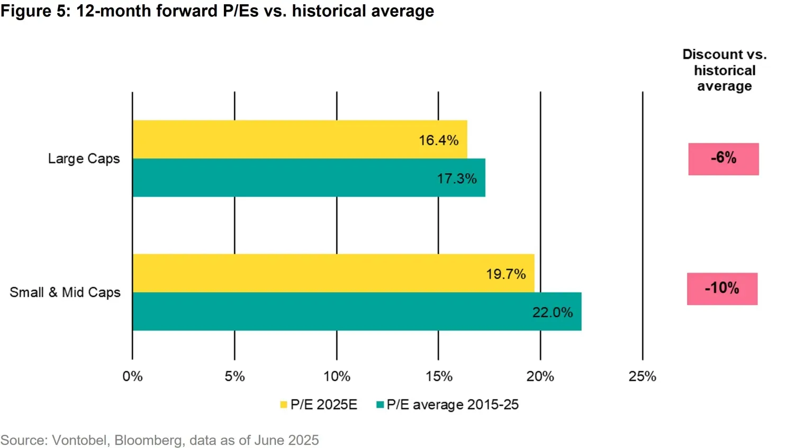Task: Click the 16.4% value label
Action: click(x=438, y=140)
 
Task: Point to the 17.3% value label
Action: click(x=456, y=178)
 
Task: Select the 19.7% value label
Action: click(x=506, y=274)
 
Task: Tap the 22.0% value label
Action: click(x=552, y=312)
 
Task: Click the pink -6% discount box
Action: click(x=723, y=158)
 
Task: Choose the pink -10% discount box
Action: click(x=722, y=289)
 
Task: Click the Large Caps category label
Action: click(x=84, y=159)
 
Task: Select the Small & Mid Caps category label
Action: click(x=65, y=292)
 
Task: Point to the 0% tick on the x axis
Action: click(x=132, y=377)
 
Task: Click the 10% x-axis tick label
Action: click(x=337, y=377)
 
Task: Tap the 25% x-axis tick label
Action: click(x=642, y=377)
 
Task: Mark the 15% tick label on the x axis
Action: click(x=439, y=377)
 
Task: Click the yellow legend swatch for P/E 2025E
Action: click(x=284, y=405)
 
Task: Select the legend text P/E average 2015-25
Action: click(x=453, y=405)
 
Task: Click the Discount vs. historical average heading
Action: click(x=724, y=70)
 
